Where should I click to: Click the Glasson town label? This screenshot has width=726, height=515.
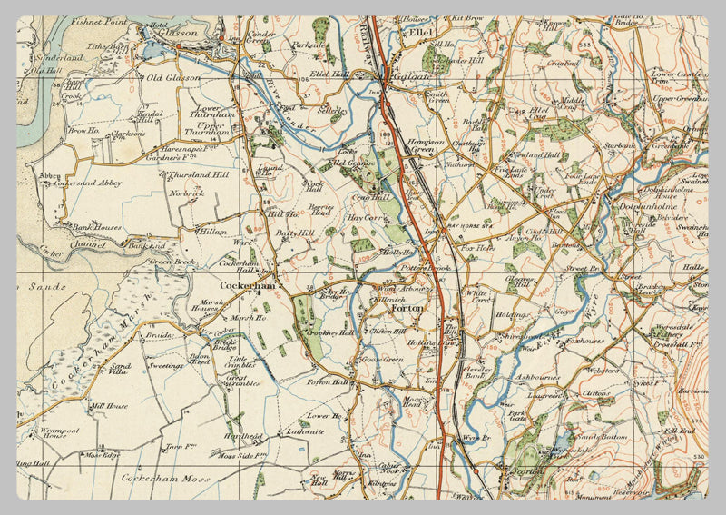pos(179,33)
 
